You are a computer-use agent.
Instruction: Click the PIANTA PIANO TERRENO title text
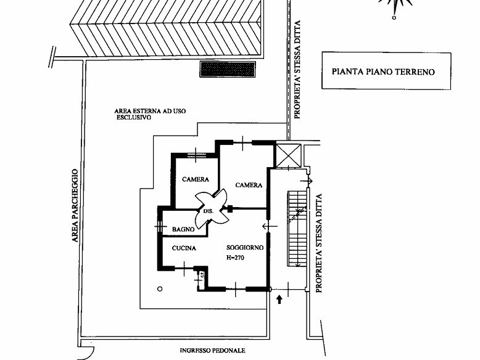coord(383,72)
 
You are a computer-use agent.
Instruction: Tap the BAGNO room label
coord(183,229)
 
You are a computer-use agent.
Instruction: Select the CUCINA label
coord(184,248)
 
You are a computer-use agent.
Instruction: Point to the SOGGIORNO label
coord(245,247)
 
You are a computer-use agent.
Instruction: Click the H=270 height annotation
coord(236,258)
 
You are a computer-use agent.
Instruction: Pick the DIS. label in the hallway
coord(208,211)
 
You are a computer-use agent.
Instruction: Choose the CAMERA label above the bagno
coord(196,179)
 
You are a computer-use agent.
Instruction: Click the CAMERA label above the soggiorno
coord(249,185)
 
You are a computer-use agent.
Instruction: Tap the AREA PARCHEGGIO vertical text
coord(75,205)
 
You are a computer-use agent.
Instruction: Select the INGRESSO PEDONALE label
coord(212,351)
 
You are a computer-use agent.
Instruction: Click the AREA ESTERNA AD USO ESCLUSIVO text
coord(150,114)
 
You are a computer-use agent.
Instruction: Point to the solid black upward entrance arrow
coord(279,300)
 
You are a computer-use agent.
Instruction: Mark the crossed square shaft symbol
coord(288,155)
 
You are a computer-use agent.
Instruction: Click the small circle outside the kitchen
coord(160,288)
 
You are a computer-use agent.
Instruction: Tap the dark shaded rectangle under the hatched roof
coord(228,69)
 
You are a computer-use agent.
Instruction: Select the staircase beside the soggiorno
coord(297,229)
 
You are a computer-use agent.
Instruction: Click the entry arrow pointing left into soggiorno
coord(270,226)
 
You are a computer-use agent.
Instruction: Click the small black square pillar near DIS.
coord(230,209)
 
